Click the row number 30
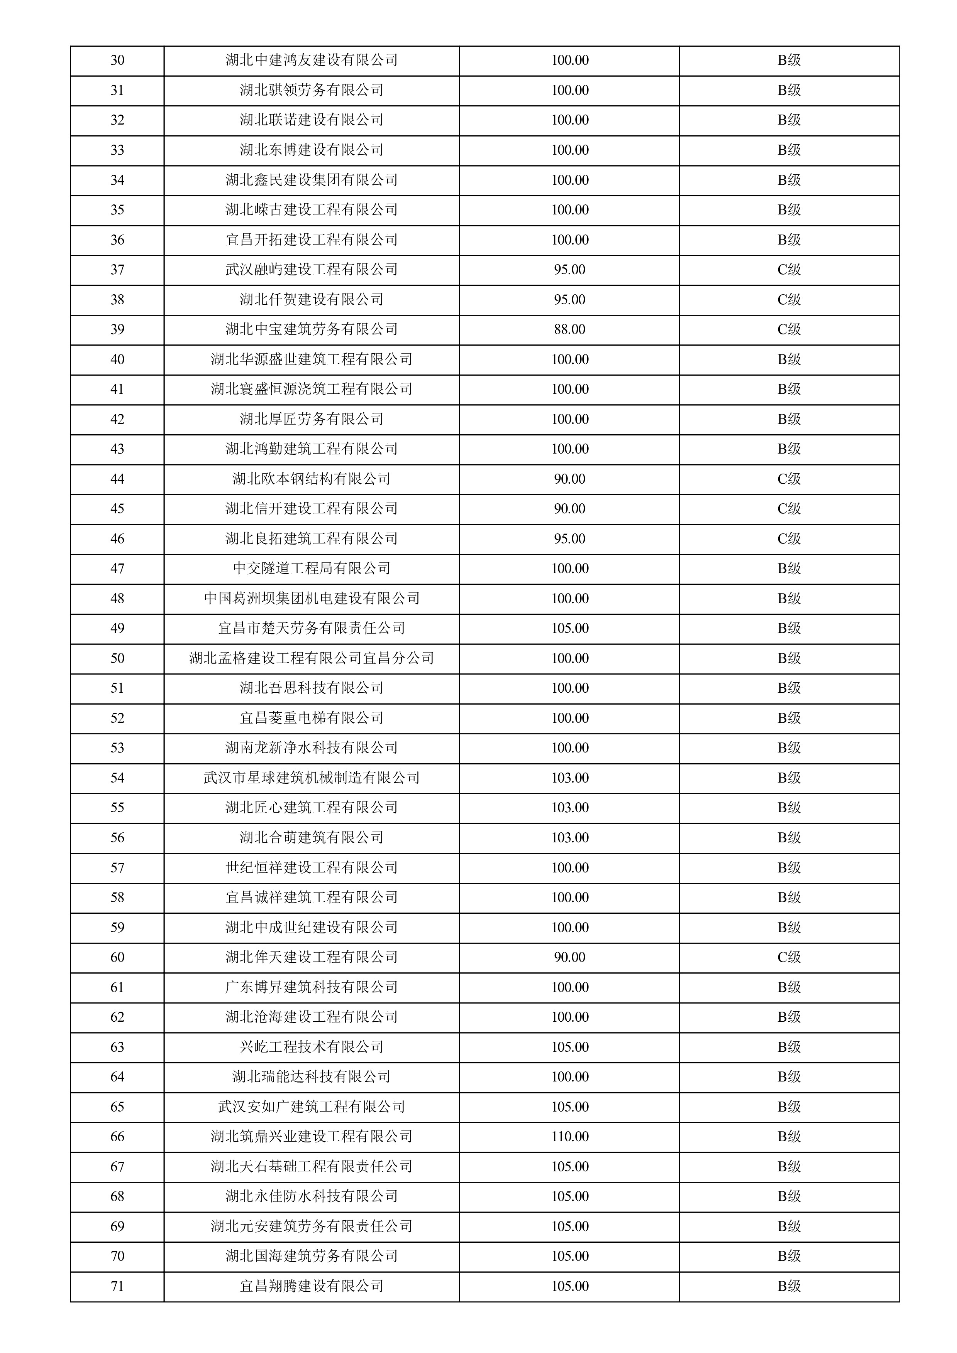tap(117, 61)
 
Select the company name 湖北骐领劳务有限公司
tap(311, 90)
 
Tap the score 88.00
tap(569, 329)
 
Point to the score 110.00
tap(569, 1137)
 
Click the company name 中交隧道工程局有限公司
tap(311, 569)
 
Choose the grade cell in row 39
tap(789, 329)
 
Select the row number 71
tap(117, 1286)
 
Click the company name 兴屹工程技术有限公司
tap(311, 1047)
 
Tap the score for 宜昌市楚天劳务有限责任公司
tap(569, 628)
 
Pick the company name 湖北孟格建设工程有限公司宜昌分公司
tap(311, 658)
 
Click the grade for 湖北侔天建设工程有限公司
tap(789, 958)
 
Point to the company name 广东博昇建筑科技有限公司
tap(311, 987)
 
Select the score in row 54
tap(569, 778)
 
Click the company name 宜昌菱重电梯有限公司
tap(311, 718)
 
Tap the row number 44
tap(117, 479)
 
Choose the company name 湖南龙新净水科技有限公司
tap(311, 748)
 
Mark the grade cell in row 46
tap(789, 538)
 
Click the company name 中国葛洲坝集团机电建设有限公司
tap(311, 599)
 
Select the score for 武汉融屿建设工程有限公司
tap(569, 270)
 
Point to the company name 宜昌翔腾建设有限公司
tap(311, 1286)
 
